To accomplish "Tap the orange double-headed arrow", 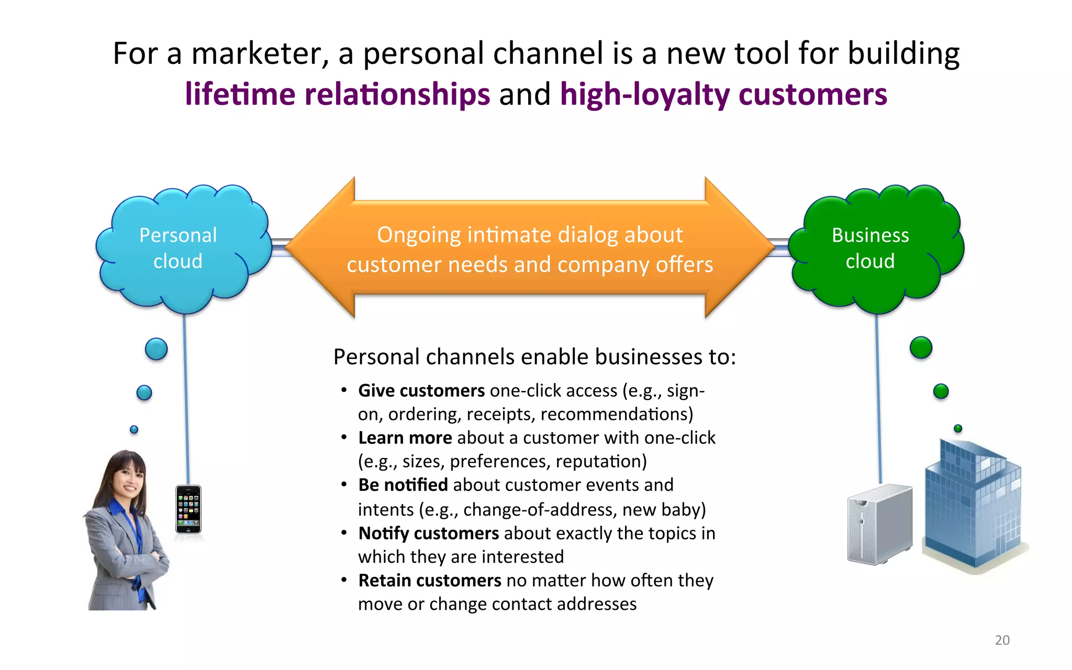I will (530, 249).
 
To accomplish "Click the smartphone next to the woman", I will (188, 509).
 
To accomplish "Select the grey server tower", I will (879, 523).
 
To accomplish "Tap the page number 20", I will (1002, 640).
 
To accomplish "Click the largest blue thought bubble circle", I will (156, 349).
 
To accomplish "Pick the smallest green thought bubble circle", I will (958, 428).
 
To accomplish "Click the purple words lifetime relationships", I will (338, 94).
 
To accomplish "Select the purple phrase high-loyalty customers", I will (723, 94).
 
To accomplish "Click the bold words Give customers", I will (421, 391).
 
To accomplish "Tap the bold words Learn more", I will (405, 438).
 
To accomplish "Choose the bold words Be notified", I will (403, 485).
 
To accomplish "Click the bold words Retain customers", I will (430, 580).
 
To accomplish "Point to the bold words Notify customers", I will (428, 533).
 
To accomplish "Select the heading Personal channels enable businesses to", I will (534, 357).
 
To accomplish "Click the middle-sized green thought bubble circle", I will (941, 391).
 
